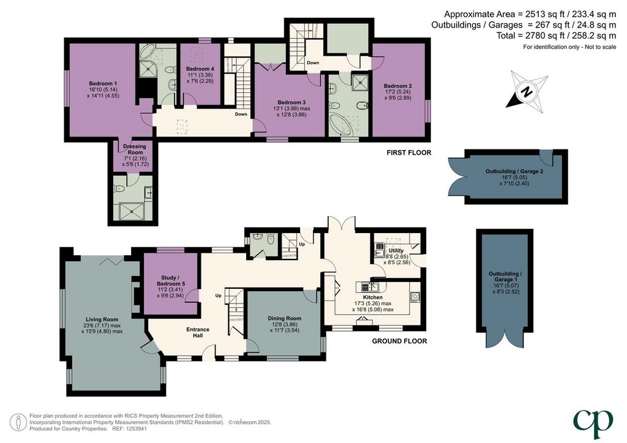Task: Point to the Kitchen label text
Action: click(373, 297)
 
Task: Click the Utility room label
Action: click(396, 250)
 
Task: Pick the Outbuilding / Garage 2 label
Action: click(514, 171)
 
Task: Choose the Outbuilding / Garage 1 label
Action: click(505, 277)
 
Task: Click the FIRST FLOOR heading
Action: click(408, 152)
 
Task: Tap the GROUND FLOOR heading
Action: click(399, 341)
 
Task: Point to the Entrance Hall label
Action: click(198, 332)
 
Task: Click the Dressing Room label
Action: click(134, 149)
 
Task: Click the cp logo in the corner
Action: click(593, 424)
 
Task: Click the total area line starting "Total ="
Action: click(556, 35)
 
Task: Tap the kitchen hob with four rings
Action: click(415, 297)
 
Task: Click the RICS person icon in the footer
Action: click(18, 422)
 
